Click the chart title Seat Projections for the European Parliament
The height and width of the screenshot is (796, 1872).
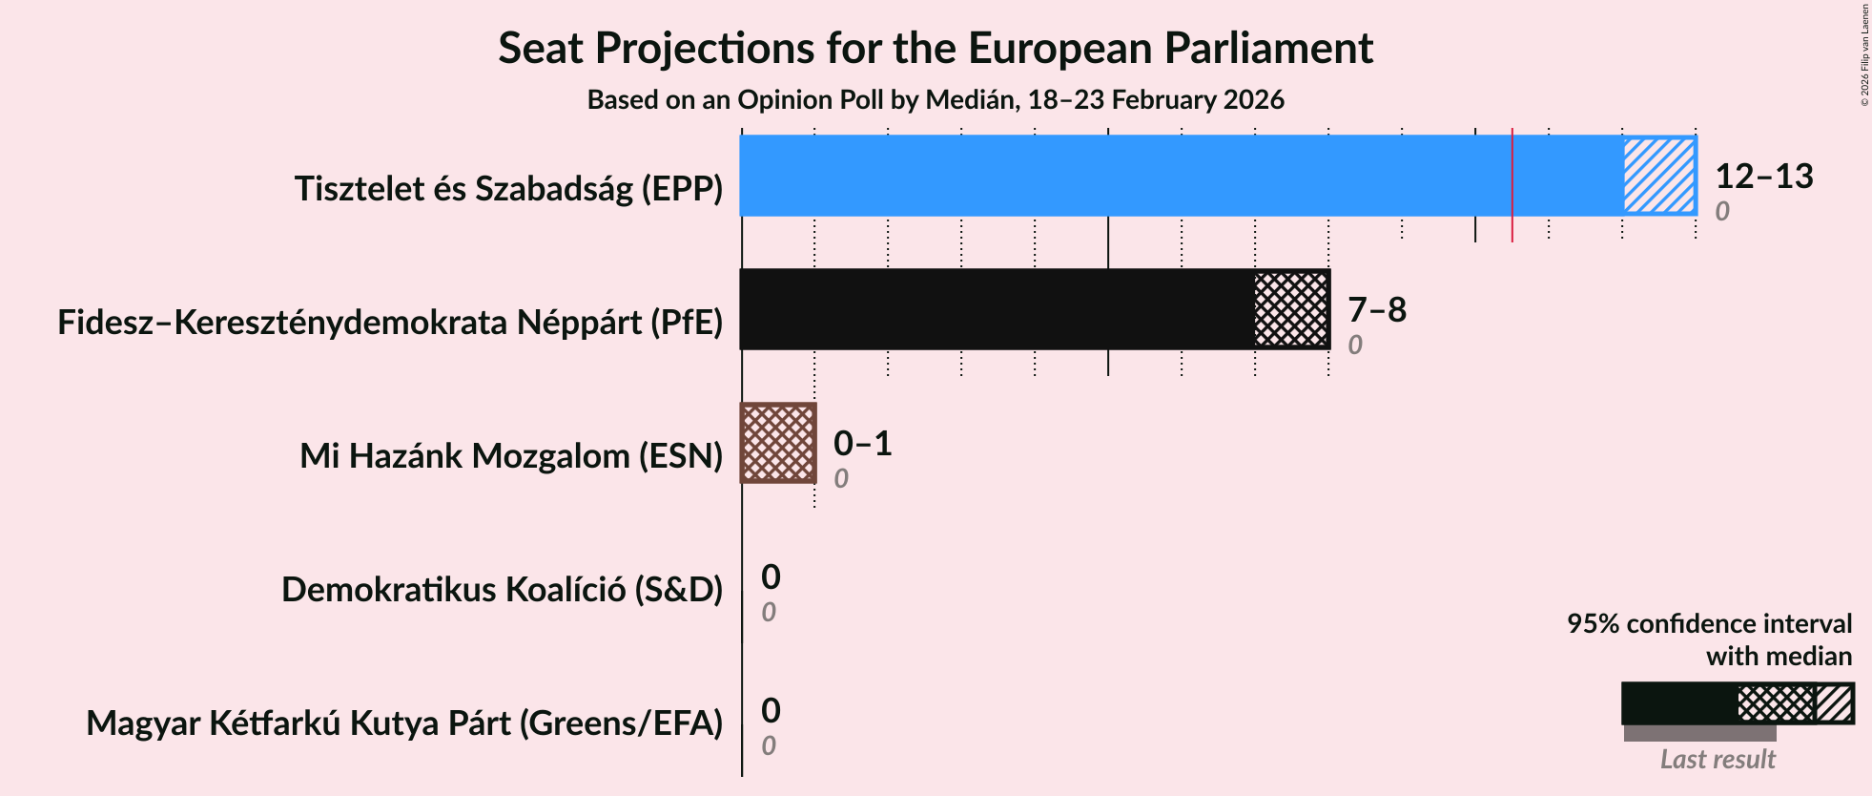(935, 48)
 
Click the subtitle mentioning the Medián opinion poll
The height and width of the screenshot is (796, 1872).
(935, 99)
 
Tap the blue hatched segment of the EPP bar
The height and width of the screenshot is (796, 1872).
(1659, 176)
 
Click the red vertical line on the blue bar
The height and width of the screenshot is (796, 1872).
(1512, 181)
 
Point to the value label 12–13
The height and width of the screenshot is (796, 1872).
(1763, 176)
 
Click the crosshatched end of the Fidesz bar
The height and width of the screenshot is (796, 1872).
(1291, 309)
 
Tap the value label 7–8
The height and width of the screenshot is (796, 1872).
(1376, 309)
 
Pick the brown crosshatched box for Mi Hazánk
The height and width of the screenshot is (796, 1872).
(778, 443)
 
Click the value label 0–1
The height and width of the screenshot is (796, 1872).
(862, 443)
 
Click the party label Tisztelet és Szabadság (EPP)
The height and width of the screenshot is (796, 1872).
(508, 189)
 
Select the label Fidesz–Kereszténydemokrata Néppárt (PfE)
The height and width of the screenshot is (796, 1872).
(390, 323)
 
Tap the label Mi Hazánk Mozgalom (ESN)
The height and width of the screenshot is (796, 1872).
(511, 456)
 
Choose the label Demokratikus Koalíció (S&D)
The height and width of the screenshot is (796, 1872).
(502, 590)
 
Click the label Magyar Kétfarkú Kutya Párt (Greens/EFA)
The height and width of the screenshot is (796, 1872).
(404, 723)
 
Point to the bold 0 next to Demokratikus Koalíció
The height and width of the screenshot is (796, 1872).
(771, 576)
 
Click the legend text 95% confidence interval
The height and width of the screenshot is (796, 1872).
(1709, 623)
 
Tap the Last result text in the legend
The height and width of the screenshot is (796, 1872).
(1717, 759)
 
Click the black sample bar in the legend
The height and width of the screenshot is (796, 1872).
(1678, 703)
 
